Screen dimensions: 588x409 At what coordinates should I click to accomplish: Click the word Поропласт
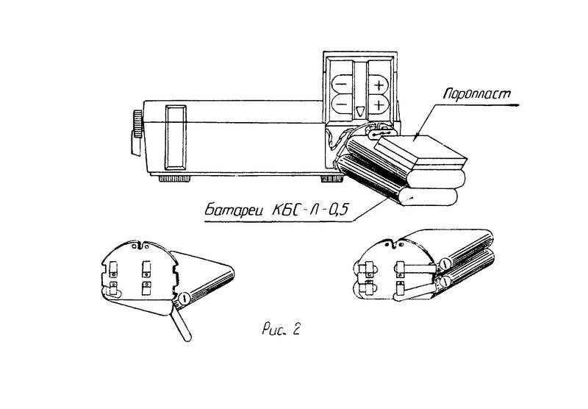tap(477, 93)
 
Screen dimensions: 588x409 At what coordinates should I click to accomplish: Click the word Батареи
tap(236, 210)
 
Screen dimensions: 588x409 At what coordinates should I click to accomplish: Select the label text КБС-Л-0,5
tap(310, 210)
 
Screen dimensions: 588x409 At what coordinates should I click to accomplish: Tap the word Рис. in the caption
tap(273, 330)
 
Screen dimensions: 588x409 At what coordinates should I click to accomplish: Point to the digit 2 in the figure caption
tap(295, 330)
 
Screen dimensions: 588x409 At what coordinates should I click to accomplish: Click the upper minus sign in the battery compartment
tap(341, 85)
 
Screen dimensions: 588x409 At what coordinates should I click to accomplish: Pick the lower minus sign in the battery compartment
tap(341, 103)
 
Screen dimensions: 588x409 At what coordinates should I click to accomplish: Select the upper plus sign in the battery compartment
tap(379, 85)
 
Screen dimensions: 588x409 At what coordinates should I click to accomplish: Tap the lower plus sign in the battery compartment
tap(379, 104)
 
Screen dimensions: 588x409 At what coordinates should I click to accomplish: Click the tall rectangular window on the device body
tap(176, 138)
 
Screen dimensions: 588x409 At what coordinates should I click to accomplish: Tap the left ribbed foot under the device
tap(174, 179)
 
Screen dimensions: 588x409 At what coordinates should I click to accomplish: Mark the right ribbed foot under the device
tap(331, 179)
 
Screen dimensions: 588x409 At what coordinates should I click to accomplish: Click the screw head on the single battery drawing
tap(184, 299)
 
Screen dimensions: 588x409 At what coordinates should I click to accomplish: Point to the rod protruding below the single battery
tap(181, 323)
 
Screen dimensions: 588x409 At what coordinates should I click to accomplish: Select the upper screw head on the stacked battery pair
tap(444, 264)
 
